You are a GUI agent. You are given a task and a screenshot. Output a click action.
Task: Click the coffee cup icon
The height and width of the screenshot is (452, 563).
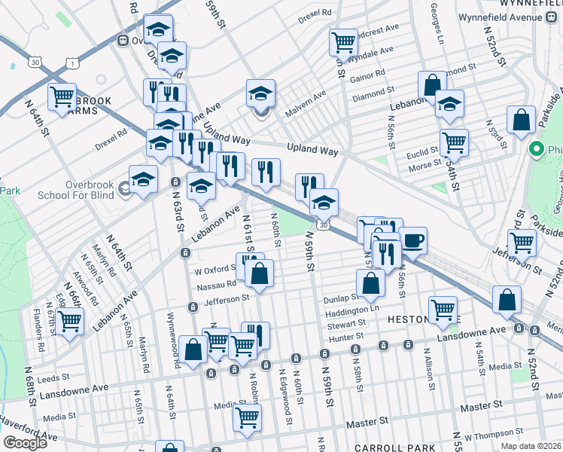412,240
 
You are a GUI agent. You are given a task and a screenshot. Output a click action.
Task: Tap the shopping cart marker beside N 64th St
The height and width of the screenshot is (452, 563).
62,97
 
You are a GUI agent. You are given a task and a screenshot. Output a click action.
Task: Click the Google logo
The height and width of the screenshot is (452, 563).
25,443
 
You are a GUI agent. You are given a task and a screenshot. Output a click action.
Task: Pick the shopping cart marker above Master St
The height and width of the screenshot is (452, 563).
246,417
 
